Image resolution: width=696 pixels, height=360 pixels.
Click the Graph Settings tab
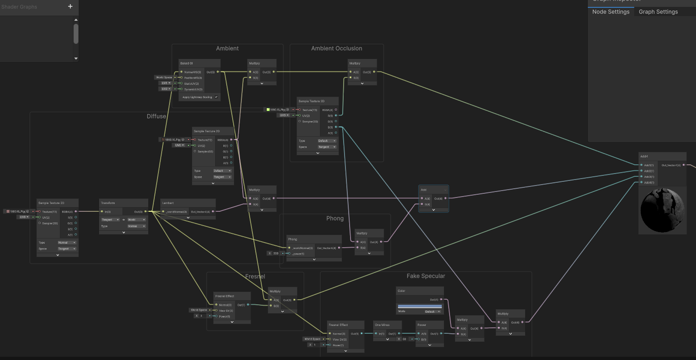658,12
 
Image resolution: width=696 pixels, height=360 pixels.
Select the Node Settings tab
610,12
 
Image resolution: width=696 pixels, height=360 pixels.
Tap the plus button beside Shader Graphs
70,6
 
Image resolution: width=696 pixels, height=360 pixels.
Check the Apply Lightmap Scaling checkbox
216,97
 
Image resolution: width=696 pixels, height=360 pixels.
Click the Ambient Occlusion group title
336,48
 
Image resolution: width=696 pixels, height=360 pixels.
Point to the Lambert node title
168,203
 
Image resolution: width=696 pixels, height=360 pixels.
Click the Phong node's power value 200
276,253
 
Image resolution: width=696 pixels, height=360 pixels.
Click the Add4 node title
645,157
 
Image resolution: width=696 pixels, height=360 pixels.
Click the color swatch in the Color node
419,306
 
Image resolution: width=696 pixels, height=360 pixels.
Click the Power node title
422,325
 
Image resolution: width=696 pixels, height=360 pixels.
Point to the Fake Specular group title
426,276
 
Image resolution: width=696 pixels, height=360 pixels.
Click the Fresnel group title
255,276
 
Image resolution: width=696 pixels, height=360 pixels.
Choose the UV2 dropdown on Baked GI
165,89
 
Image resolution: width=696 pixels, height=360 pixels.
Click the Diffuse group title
156,116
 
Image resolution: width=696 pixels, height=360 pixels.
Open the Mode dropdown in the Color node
432,312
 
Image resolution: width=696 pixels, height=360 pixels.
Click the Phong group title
334,218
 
